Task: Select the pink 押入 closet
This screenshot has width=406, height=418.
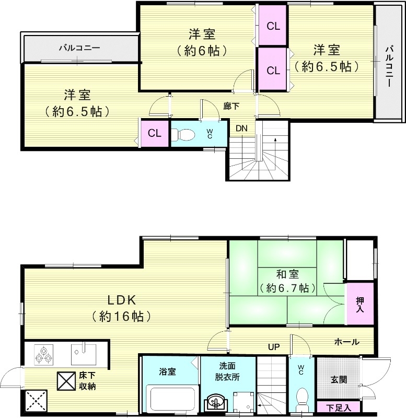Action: pos(360,304)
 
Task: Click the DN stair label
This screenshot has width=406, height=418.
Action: pos(241,128)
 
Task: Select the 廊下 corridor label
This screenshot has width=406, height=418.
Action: pos(231,106)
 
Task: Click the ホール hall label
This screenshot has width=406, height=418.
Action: pos(346,342)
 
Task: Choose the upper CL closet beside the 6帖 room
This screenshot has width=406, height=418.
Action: pos(272,25)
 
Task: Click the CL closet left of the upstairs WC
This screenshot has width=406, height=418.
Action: pos(154,133)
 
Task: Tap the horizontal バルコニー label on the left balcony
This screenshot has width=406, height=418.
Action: pos(79,48)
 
